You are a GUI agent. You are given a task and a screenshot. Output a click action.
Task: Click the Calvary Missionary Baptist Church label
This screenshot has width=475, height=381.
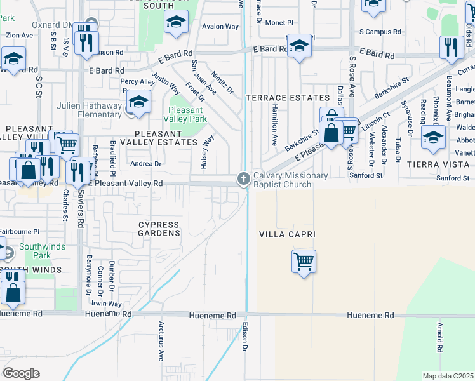click(x=290, y=180)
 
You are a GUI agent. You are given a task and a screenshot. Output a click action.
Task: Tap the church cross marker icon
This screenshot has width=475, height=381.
click(x=243, y=180)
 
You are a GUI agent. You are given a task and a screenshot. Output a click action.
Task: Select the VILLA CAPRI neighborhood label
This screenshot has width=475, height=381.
click(x=287, y=234)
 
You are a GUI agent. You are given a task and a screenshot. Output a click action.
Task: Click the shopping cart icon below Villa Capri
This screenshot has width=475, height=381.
click(x=304, y=260)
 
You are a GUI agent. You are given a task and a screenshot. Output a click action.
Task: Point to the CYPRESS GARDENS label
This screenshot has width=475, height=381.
click(x=160, y=229)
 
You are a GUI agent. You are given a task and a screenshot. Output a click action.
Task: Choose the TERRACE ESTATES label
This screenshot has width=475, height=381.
click(x=288, y=98)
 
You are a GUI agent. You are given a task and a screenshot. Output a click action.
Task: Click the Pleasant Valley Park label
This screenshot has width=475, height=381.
click(x=185, y=114)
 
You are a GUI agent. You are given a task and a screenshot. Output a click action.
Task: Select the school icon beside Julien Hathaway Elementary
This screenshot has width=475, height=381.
click(x=138, y=102)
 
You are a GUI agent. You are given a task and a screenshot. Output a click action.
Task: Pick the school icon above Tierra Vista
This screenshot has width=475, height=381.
click(x=433, y=137)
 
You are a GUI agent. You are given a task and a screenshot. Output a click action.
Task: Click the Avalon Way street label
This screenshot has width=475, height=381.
click(x=220, y=27)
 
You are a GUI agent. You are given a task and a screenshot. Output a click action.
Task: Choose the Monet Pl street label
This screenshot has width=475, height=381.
click(x=280, y=22)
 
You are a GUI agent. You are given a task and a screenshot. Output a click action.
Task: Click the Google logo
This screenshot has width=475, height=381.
click(x=21, y=373)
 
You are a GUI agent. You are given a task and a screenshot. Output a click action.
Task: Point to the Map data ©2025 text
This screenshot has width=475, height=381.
click(x=448, y=376)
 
